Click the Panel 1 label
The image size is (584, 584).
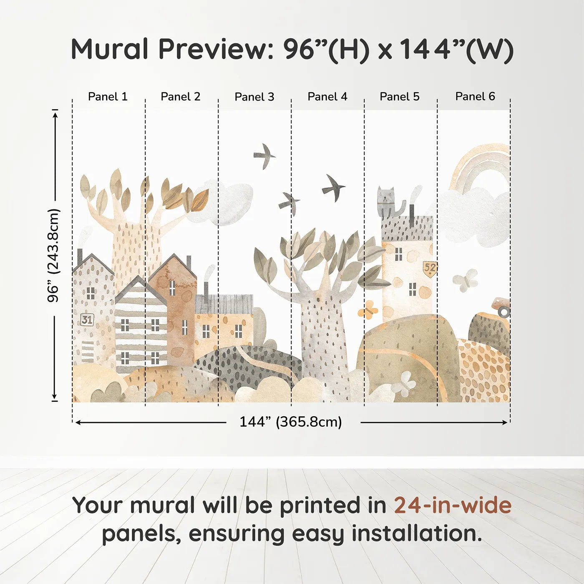[x=108, y=97]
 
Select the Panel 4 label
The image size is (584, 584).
[x=327, y=97]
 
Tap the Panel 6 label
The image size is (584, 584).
[x=475, y=96]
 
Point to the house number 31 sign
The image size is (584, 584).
[x=87, y=320]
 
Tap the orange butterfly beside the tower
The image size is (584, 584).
[x=368, y=310]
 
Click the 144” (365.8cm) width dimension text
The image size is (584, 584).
[x=291, y=422]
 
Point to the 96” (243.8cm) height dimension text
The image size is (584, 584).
[x=53, y=255]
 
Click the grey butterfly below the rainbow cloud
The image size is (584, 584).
[x=465, y=281]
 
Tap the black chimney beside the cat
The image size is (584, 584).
[x=412, y=216]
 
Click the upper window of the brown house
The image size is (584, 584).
[x=172, y=287]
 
